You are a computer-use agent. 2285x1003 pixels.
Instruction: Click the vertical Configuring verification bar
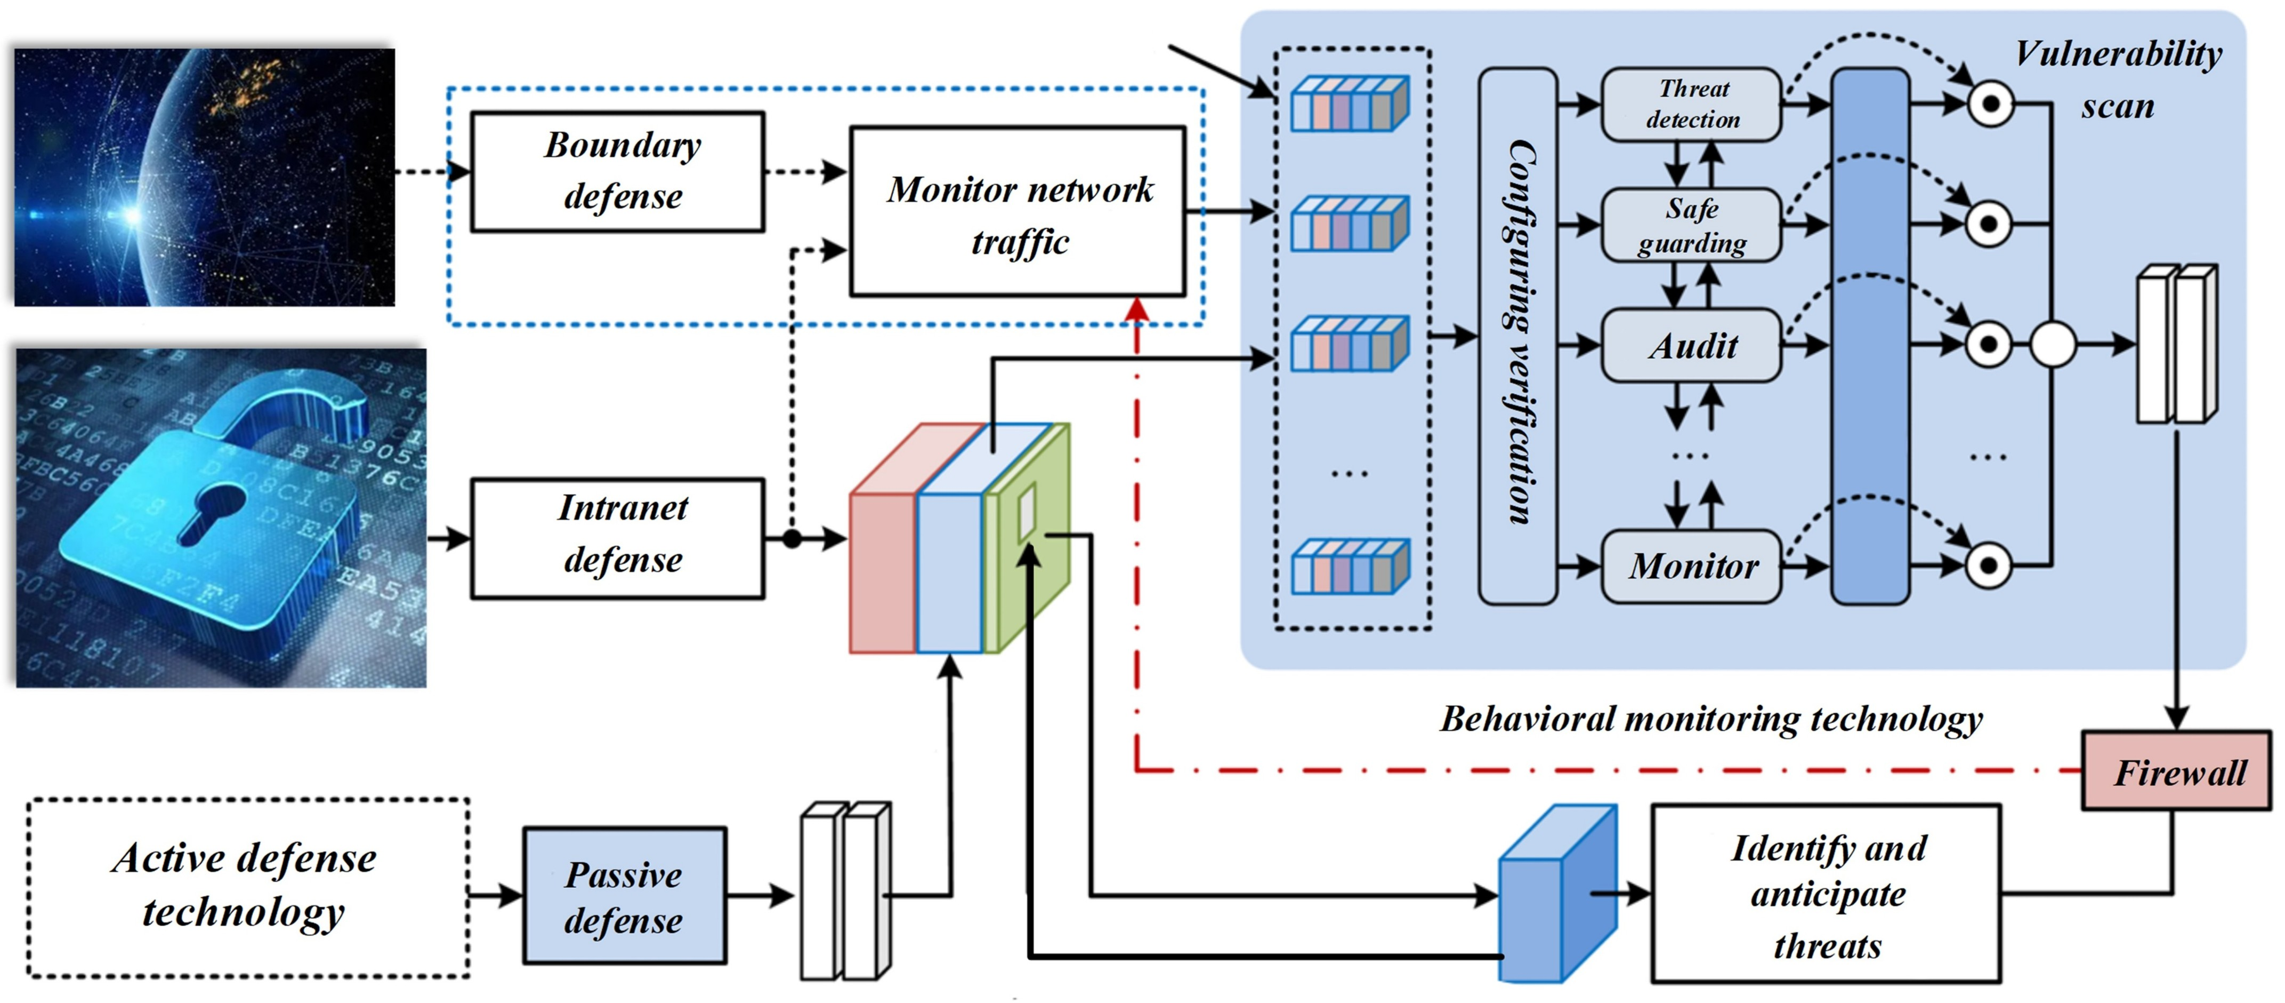click(x=1517, y=336)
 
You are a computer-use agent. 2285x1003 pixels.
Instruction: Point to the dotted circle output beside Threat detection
click(x=1990, y=105)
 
